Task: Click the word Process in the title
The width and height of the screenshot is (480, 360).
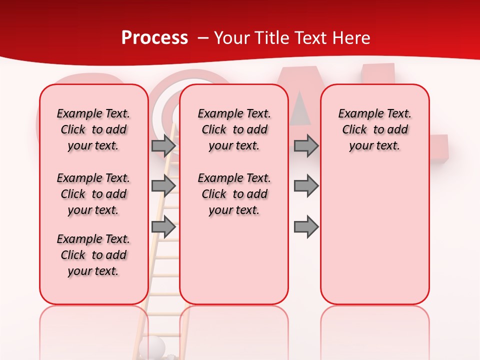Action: click(154, 38)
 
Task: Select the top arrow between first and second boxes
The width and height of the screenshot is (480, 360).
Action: click(163, 145)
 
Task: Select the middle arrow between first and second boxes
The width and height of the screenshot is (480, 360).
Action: click(163, 186)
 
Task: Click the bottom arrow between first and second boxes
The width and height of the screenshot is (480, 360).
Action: click(163, 227)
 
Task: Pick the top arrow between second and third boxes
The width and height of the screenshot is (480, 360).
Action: click(306, 145)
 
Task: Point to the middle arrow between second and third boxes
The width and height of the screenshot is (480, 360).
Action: click(306, 186)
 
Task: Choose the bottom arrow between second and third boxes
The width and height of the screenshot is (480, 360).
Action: click(306, 227)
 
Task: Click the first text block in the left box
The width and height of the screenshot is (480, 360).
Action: click(93, 129)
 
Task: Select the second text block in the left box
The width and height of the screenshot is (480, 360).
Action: click(93, 194)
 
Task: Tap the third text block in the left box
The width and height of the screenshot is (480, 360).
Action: click(93, 255)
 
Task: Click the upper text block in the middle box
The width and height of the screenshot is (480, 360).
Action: click(234, 129)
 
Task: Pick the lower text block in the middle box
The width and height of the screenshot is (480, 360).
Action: click(234, 194)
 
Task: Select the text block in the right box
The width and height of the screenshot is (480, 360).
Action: click(374, 129)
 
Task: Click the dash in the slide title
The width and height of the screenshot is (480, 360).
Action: click(203, 38)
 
